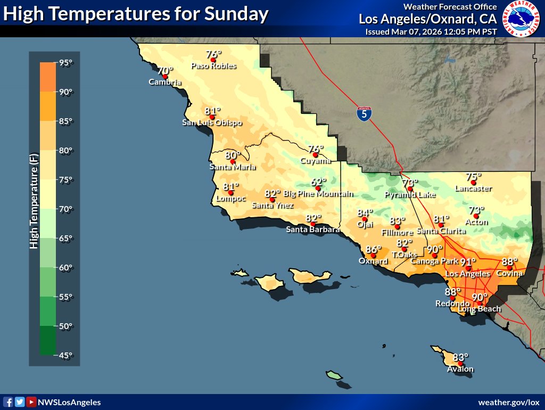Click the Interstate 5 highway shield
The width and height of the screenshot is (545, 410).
click(x=364, y=113)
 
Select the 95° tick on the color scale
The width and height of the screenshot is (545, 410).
click(x=65, y=63)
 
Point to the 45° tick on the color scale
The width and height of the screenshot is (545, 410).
click(x=65, y=355)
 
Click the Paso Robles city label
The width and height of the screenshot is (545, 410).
click(x=213, y=67)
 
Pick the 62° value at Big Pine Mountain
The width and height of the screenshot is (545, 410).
click(x=318, y=182)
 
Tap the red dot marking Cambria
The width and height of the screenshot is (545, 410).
click(x=165, y=77)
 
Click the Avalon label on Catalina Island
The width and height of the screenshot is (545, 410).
click(x=460, y=370)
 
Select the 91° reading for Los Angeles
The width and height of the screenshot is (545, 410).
click(x=468, y=262)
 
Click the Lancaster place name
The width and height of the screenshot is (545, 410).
click(x=473, y=188)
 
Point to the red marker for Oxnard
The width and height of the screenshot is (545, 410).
click(x=374, y=256)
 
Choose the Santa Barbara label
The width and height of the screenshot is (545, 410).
click(x=313, y=230)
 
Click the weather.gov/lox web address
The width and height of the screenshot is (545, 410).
click(x=509, y=403)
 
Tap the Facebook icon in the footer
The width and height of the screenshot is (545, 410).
click(x=8, y=403)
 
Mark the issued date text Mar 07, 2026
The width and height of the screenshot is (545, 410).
click(x=424, y=31)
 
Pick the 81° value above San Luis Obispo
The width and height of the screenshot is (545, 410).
click(x=212, y=111)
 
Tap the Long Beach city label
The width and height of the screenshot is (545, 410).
click(x=480, y=309)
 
